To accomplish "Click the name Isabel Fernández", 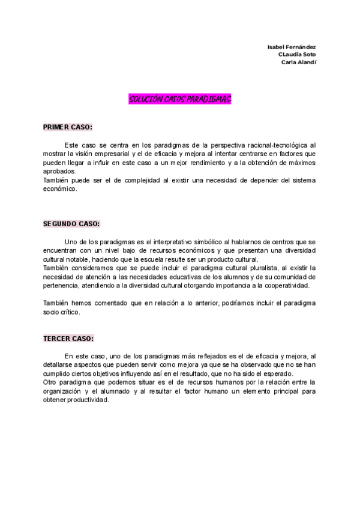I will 292,47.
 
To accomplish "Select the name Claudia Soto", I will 297,54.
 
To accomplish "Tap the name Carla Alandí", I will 299,62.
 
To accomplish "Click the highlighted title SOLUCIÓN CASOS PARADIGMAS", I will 180,99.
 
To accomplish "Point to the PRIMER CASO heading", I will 68,127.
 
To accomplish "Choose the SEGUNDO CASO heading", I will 71,224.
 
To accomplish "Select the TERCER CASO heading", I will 68,339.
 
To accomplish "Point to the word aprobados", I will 59,171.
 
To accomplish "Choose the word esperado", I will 275,374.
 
